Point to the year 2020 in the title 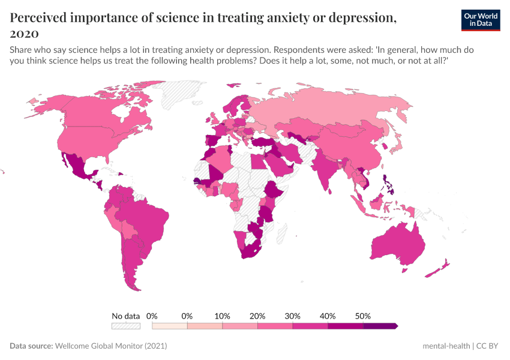click(25, 33)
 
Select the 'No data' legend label click(125, 316)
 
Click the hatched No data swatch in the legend click(125, 326)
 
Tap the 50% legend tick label click(363, 316)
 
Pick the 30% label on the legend click(293, 316)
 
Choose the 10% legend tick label click(223, 316)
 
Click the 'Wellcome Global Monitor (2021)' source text click(110, 346)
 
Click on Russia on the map click(336, 108)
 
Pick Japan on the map click(398, 142)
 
